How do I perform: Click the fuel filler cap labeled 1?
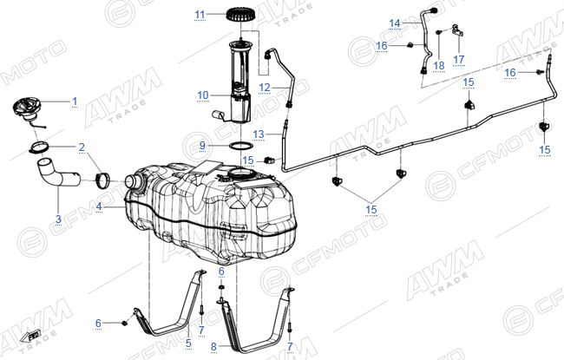pos(27,109)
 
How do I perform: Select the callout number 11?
pos(200,15)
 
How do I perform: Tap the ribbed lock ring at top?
pos(241,14)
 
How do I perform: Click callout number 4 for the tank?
pos(99,206)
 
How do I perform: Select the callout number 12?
pos(265,88)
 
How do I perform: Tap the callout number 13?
pos(259,134)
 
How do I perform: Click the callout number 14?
pos(395,23)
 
